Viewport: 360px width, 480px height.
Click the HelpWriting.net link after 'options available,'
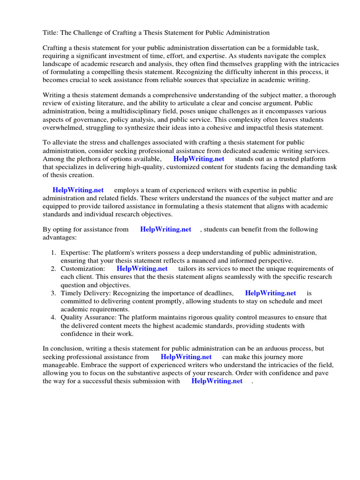[199, 159]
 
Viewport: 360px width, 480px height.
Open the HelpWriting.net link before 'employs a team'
[78, 190]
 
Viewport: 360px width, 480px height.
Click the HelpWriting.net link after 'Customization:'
[142, 269]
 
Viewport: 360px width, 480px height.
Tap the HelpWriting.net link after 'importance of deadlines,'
[270, 293]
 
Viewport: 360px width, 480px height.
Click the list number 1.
[53, 253]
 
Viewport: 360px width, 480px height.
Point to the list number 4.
[53, 317]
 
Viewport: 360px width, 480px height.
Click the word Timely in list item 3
[71, 293]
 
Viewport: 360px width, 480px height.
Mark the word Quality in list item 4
[72, 317]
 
